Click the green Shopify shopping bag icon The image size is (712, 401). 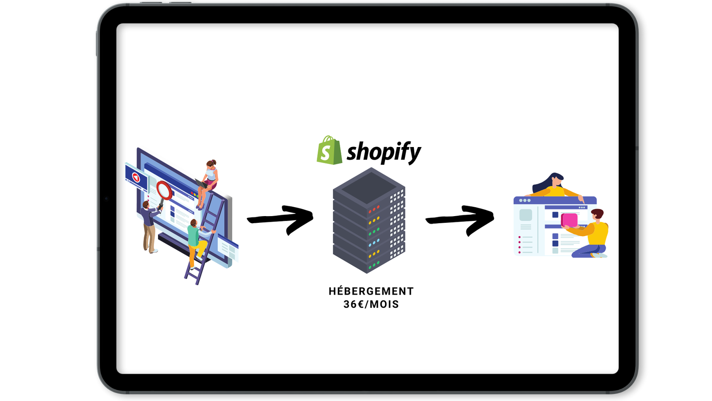329,151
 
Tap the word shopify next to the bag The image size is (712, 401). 384,152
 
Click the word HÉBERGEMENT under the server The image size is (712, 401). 371,291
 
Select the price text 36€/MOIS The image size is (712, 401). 371,304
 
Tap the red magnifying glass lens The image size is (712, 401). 164,190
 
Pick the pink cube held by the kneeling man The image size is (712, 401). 570,220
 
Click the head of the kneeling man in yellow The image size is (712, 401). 597,215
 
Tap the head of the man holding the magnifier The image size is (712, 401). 146,205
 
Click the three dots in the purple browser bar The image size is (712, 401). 525,200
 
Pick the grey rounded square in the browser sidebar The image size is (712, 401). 526,215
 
